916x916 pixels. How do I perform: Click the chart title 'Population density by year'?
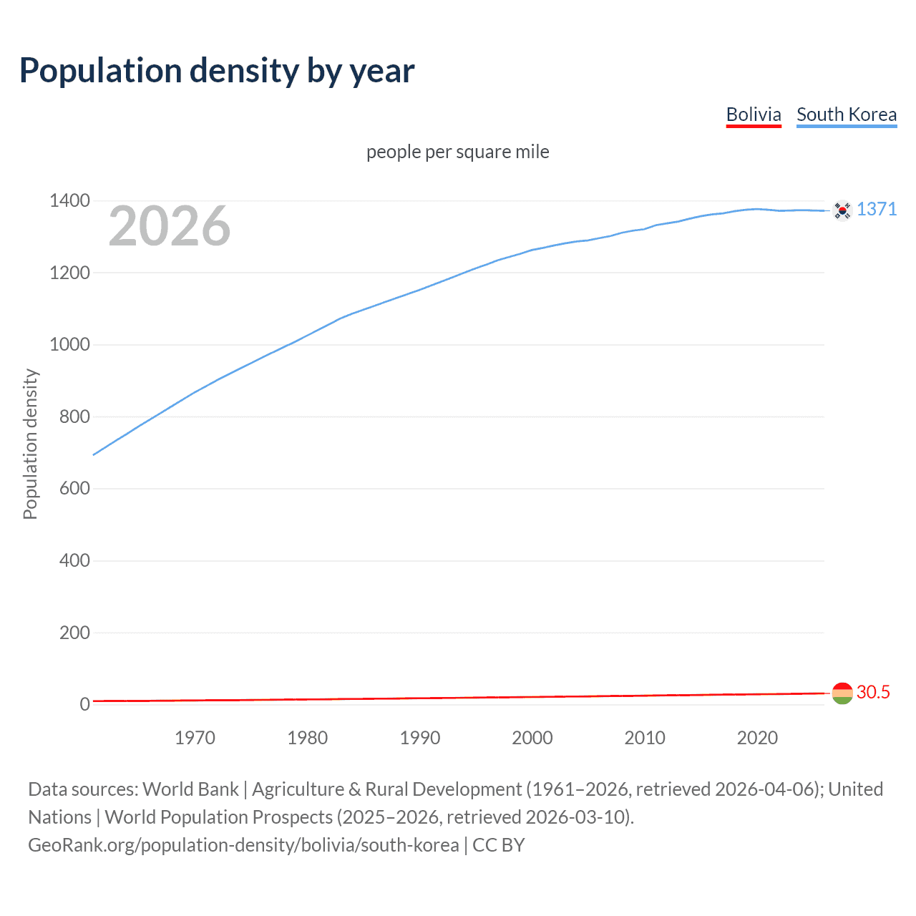(217, 70)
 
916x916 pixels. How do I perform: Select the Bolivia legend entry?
(753, 114)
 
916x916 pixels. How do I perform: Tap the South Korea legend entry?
(846, 114)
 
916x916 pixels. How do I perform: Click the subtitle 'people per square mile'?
(457, 152)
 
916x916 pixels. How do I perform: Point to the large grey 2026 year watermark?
(170, 226)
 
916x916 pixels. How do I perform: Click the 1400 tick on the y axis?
(69, 200)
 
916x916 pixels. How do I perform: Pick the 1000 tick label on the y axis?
(69, 344)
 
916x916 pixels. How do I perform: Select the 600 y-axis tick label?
(74, 488)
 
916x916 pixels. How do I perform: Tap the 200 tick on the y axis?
(74, 633)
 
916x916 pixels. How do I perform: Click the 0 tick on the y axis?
(84, 704)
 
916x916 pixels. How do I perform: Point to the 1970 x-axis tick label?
(195, 738)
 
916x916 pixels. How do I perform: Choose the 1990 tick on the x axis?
(420, 738)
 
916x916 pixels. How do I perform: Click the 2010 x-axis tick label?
(645, 738)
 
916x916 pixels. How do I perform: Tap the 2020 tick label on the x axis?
(757, 738)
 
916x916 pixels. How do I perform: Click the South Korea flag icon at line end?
(842, 210)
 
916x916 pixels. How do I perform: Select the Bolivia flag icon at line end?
(842, 693)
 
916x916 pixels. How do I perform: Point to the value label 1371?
(877, 209)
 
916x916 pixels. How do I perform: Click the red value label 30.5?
(873, 692)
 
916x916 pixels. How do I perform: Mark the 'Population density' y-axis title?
(30, 444)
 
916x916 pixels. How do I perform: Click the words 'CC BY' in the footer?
(499, 845)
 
